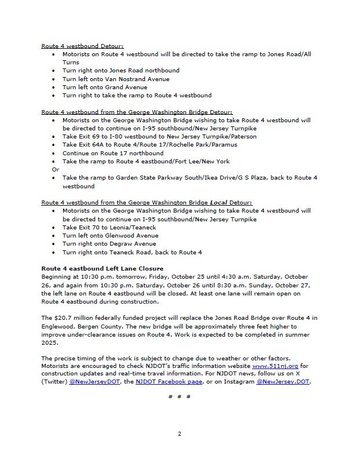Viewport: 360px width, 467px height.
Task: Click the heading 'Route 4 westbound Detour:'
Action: [82, 46]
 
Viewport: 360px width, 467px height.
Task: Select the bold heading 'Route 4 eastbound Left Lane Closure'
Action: [102, 269]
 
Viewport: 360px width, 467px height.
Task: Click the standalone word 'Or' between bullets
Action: [56, 169]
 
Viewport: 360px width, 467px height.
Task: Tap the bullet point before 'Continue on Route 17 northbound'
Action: [54, 153]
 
